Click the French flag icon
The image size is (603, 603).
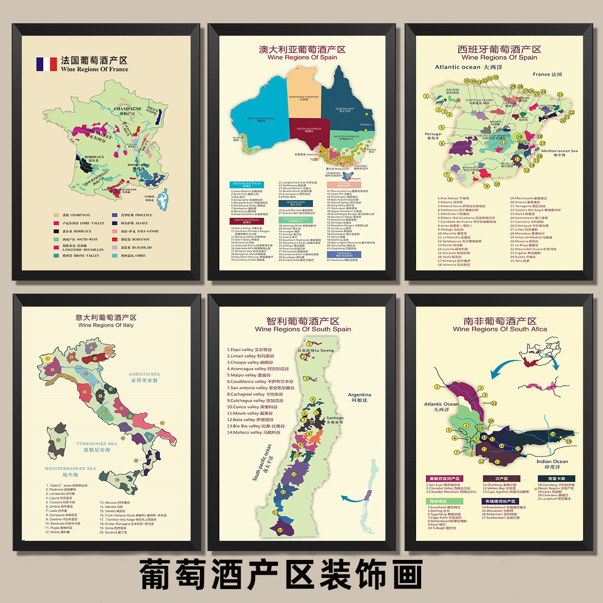(46, 64)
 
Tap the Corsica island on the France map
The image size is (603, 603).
(162, 199)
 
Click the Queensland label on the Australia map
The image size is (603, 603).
(345, 109)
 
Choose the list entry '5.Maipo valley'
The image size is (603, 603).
(249, 375)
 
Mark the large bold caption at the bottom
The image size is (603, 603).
(281, 574)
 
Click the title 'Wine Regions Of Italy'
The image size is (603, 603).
(106, 325)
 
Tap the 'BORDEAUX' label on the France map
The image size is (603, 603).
(94, 157)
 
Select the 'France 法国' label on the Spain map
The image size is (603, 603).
(547, 74)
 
